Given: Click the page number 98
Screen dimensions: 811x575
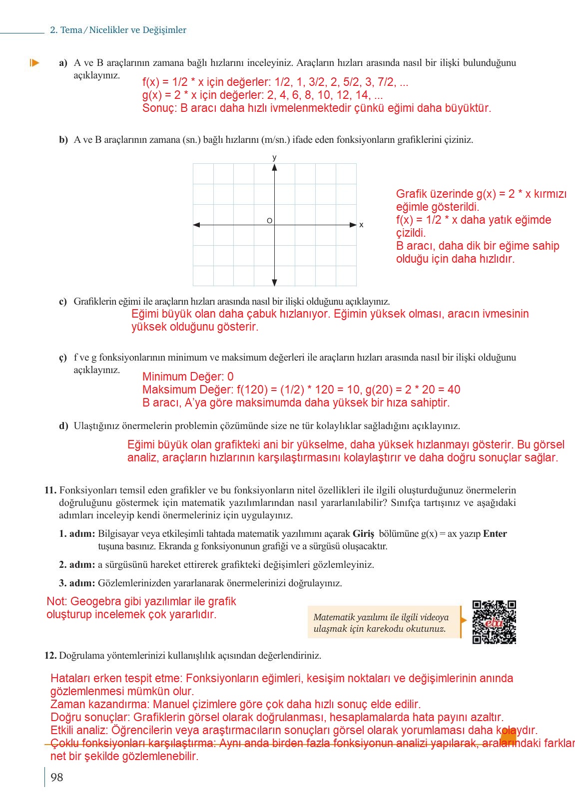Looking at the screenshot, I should pyautogui.click(x=57, y=777).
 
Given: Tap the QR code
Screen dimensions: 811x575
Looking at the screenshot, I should pyautogui.click(x=494, y=622).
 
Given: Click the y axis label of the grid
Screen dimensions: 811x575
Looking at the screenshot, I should pyautogui.click(x=274, y=158).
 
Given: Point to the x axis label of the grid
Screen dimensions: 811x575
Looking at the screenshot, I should pyautogui.click(x=361, y=225).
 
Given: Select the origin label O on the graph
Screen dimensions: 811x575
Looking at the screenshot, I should pyautogui.click(x=269, y=221).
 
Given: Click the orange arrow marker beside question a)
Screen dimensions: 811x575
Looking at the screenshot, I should pyautogui.click(x=34, y=63).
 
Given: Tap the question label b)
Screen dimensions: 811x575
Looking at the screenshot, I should pyautogui.click(x=63, y=140).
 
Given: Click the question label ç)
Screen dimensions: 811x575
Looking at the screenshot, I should pyautogui.click(x=63, y=358).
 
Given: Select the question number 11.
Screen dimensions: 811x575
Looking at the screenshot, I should pyautogui.click(x=50, y=490).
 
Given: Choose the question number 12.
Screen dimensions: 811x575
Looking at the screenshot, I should pyautogui.click(x=50, y=655).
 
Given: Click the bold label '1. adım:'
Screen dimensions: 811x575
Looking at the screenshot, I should pyautogui.click(x=77, y=534).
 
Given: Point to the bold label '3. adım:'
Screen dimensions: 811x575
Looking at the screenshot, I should pyautogui.click(x=77, y=583).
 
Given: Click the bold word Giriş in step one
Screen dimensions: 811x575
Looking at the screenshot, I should pyautogui.click(x=363, y=534).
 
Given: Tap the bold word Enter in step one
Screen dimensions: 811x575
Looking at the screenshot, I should pyautogui.click(x=495, y=534).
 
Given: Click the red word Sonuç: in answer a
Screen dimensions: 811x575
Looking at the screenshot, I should pyautogui.click(x=159, y=108).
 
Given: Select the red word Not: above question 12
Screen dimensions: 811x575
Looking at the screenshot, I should pyautogui.click(x=56, y=602).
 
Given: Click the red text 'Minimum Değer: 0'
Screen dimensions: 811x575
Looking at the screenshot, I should pyautogui.click(x=188, y=377).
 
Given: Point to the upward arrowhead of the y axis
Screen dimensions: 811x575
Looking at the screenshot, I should pyautogui.click(x=274, y=167).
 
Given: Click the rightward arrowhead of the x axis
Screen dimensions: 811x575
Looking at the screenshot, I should pyautogui.click(x=353, y=225).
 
